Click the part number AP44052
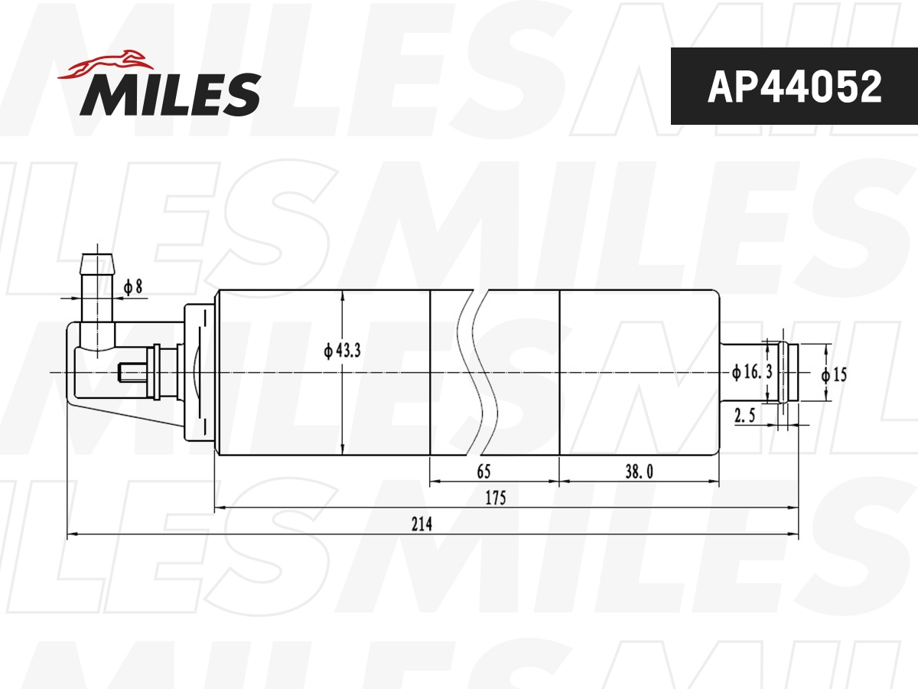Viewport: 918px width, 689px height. (x=794, y=87)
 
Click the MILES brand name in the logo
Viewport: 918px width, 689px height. (x=170, y=94)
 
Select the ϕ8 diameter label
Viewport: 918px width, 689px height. (x=134, y=287)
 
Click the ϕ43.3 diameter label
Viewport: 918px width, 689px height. (x=342, y=351)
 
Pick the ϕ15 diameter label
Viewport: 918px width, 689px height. (x=834, y=375)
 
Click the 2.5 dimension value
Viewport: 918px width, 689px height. (x=745, y=416)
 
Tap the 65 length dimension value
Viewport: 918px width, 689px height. (x=483, y=472)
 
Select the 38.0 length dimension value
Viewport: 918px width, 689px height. (x=639, y=472)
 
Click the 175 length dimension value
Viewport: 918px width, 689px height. (x=495, y=498)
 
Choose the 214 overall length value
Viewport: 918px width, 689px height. (x=422, y=524)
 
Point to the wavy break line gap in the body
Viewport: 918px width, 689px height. (x=480, y=372)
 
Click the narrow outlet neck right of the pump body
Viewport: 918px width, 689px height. (x=746, y=372)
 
